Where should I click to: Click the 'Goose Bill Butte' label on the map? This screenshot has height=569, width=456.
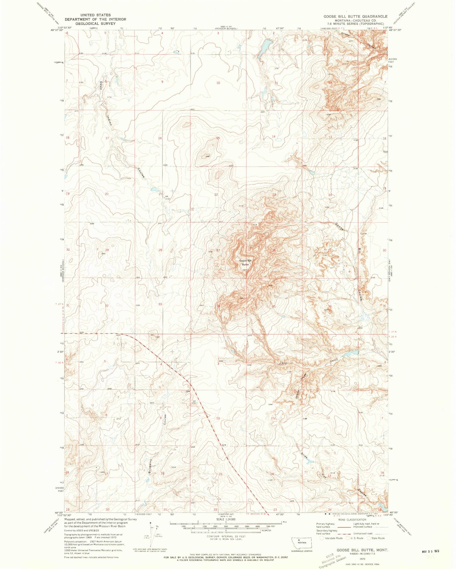(x=245, y=262)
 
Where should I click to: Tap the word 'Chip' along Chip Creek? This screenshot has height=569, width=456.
(x=283, y=363)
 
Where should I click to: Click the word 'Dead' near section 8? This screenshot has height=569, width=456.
(x=101, y=85)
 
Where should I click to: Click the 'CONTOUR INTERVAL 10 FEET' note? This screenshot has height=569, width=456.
(x=226, y=537)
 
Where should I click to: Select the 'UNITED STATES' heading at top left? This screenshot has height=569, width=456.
(x=95, y=15)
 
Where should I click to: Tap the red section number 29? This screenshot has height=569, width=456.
(x=107, y=250)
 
